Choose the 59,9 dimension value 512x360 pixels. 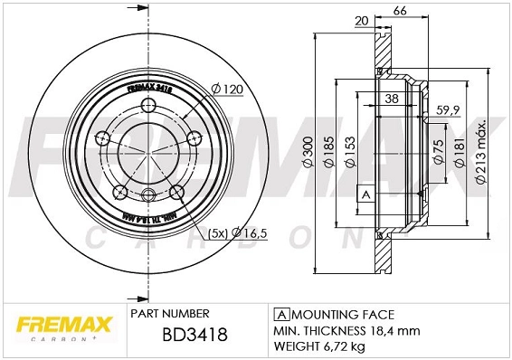(x=450, y=111)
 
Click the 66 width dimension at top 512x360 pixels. (x=399, y=10)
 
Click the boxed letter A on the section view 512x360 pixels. (x=366, y=194)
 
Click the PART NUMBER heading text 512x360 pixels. (x=170, y=314)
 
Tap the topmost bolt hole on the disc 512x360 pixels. (x=147, y=109)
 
